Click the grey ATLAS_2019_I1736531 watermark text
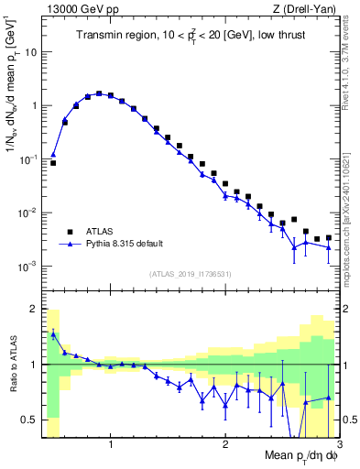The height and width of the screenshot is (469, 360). [190, 274]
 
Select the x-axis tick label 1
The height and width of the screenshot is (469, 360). [111, 444]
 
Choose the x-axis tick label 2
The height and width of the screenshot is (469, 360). [225, 444]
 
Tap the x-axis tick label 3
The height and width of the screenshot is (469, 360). [338, 444]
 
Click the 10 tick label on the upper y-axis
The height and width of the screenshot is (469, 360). [31, 52]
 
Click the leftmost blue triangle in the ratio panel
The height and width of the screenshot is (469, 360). [53, 334]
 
